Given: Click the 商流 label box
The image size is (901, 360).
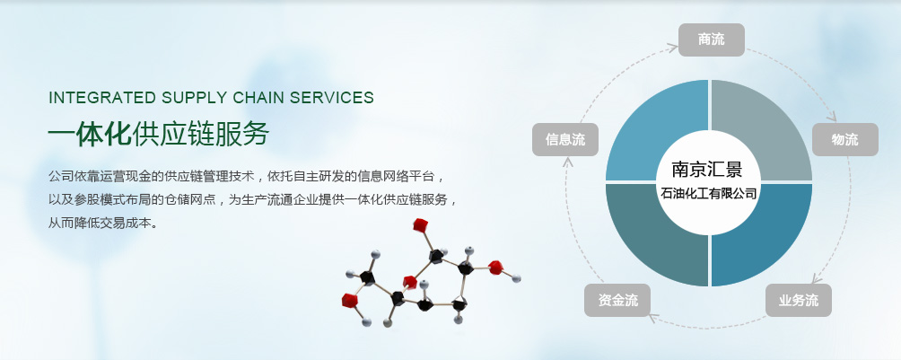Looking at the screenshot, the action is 712,40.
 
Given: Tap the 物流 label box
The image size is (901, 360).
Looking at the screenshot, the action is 844,139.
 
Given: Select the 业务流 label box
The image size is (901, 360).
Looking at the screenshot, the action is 798,300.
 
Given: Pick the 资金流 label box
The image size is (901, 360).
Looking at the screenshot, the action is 617,300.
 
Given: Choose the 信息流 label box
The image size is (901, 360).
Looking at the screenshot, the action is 565,139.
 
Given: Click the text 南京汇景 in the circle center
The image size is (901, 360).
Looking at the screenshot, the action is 707,169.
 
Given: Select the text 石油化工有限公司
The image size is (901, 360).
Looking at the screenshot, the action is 708,193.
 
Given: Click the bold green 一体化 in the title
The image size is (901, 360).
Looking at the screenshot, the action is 90,135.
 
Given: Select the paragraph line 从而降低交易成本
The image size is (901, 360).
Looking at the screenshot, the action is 103,223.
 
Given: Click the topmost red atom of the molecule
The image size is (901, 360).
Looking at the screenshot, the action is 420,224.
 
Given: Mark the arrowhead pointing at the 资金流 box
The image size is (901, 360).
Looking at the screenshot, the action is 652,316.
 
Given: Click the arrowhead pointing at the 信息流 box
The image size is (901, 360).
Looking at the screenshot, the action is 568,162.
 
